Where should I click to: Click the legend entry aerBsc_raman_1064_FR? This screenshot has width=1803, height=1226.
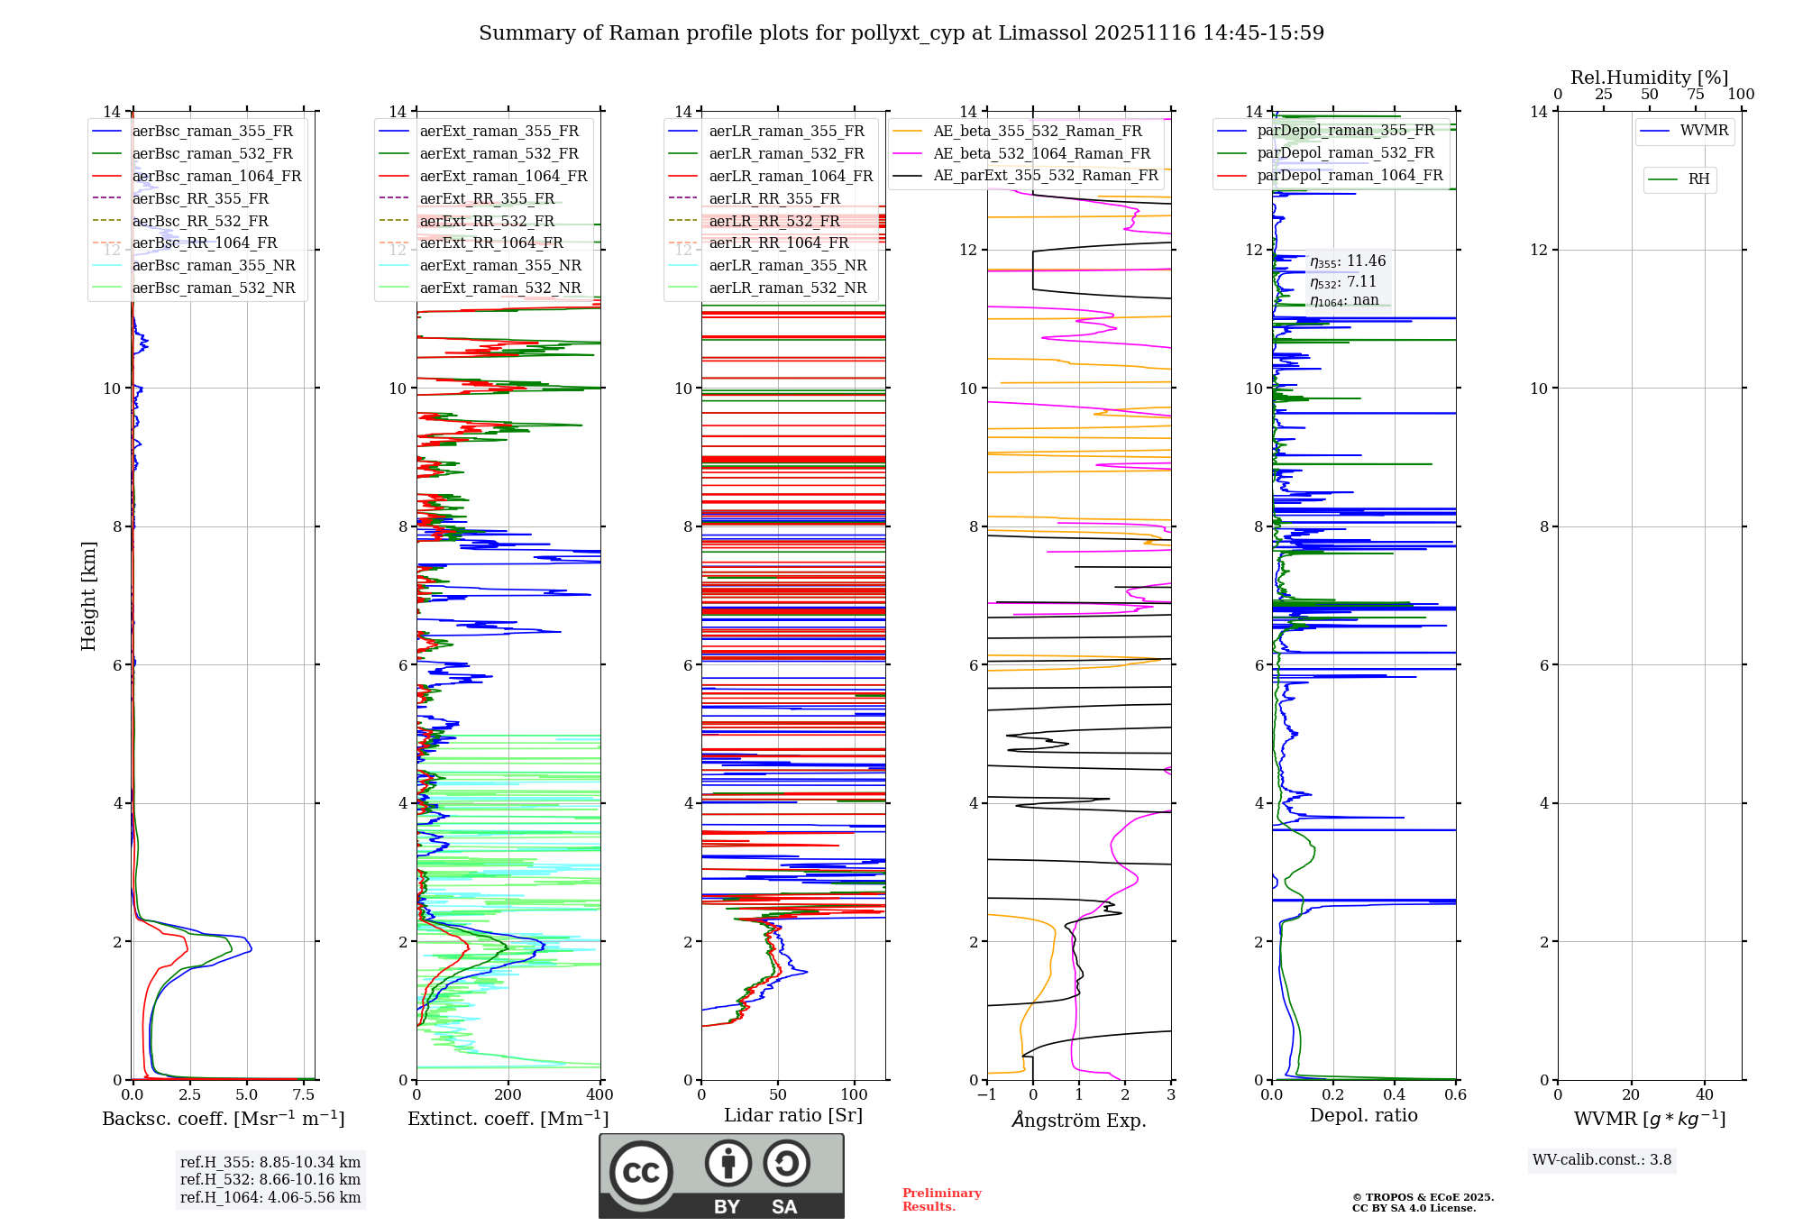(216, 176)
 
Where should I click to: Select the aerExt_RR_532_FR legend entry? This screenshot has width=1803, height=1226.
(487, 221)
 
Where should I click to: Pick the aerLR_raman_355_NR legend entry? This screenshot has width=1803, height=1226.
(787, 265)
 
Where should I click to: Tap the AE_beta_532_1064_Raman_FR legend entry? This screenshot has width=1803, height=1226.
(1041, 153)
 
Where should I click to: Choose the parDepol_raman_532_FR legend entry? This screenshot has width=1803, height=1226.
(1345, 152)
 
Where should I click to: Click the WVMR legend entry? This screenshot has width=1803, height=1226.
(1704, 131)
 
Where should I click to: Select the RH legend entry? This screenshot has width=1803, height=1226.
(1698, 179)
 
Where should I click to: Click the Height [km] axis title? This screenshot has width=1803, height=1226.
(88, 595)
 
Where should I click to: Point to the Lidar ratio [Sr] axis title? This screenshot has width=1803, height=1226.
(792, 1115)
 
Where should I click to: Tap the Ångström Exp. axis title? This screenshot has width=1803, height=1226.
(1079, 1120)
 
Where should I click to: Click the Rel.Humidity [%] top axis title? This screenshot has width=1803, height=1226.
(1649, 78)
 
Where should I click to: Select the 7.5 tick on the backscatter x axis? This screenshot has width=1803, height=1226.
(304, 1094)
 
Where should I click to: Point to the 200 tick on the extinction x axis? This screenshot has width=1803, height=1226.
(508, 1094)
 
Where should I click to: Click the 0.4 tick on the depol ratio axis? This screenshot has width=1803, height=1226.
(1395, 1094)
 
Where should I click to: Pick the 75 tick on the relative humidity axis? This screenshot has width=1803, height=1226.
(1696, 94)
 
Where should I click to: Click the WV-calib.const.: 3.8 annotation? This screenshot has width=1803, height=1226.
(1601, 1159)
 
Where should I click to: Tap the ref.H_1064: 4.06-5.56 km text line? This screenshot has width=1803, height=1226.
(270, 1197)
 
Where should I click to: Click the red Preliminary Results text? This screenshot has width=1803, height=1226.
(941, 1199)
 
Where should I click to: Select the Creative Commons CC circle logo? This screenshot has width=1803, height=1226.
(641, 1172)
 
